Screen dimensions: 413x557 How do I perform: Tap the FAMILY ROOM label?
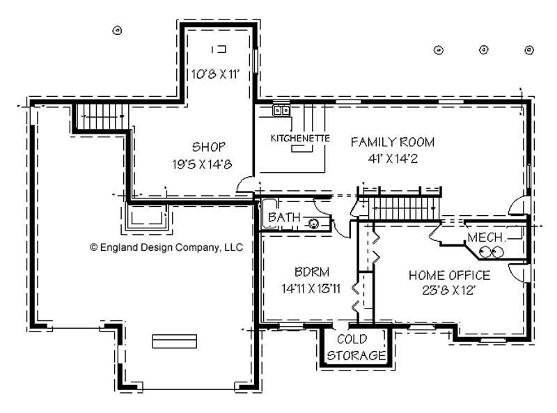(x=392, y=142)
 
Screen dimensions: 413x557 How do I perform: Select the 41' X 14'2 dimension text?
(x=392, y=157)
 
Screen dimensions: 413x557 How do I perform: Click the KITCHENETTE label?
(x=299, y=138)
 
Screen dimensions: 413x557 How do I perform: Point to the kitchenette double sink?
(x=281, y=110)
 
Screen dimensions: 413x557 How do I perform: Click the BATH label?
(x=284, y=218)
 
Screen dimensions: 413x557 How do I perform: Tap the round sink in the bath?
(x=313, y=224)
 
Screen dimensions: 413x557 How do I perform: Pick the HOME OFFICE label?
(x=448, y=275)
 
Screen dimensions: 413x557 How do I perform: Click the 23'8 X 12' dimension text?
(x=448, y=290)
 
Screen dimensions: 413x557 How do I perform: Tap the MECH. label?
(x=485, y=238)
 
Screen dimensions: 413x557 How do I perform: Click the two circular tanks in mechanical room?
(x=487, y=254)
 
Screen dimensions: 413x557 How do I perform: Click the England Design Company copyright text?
(x=166, y=247)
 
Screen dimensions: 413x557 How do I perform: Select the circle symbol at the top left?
(x=117, y=30)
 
